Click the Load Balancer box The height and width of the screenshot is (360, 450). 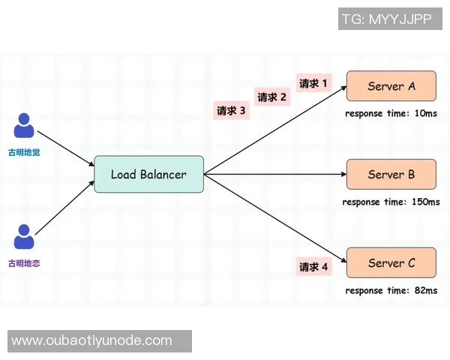click(148, 174)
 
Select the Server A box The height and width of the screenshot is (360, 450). click(391, 86)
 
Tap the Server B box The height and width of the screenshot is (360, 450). click(391, 174)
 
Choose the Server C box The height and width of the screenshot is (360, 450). click(391, 263)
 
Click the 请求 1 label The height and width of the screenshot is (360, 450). click(313, 83)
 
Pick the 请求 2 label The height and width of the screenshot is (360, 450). click(272, 97)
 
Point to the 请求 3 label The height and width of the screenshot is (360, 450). click(231, 110)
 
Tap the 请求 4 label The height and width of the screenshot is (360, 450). click(313, 266)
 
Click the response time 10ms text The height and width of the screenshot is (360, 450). click(391, 113)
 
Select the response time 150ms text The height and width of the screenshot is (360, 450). click(391, 202)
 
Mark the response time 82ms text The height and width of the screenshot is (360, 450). click(391, 290)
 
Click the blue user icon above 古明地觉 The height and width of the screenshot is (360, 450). click(25, 125)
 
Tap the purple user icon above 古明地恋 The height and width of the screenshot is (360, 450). click(25, 238)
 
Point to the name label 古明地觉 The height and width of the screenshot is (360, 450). click(25, 151)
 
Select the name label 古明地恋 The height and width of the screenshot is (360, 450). click(25, 263)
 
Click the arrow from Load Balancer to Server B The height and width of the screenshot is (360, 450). click(274, 174)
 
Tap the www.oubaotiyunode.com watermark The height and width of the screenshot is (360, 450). click(91, 340)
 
